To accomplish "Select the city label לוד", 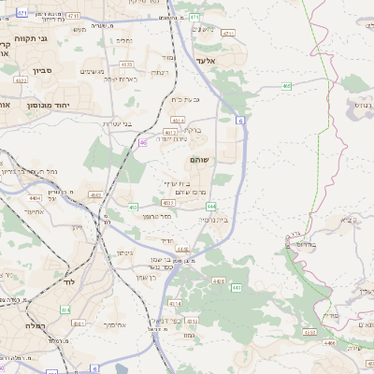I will [67, 281].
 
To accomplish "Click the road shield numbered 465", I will [284, 86].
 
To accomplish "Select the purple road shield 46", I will [143, 143].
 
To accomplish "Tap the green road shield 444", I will [212, 206].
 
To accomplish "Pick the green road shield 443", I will [237, 288].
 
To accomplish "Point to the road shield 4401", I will [78, 323].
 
